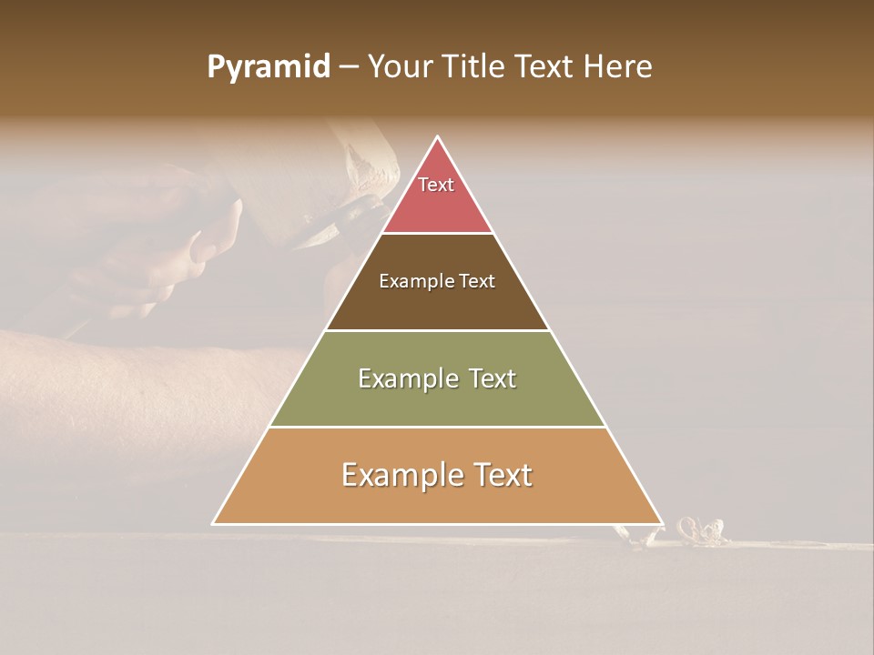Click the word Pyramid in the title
click(x=268, y=67)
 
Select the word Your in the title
click(x=398, y=67)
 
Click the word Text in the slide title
click(x=546, y=67)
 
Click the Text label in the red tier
click(x=436, y=185)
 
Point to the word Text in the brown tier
click(x=477, y=282)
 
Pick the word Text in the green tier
click(x=491, y=378)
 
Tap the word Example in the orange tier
click(x=402, y=475)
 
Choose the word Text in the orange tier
click(x=501, y=475)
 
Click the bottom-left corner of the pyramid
click(x=214, y=523)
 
